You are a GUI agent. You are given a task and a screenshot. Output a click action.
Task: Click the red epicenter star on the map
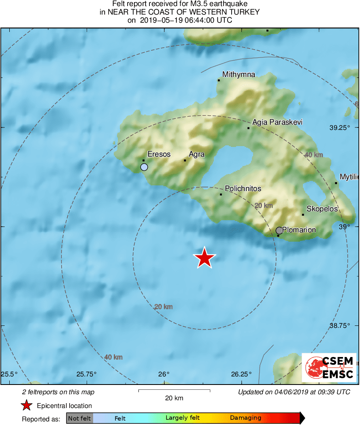[204, 258]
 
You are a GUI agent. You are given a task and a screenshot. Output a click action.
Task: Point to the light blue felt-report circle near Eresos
[144, 167]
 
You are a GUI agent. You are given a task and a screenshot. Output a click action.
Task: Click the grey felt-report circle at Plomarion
[279, 231]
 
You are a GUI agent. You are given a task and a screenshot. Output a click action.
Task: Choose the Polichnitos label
[243, 189]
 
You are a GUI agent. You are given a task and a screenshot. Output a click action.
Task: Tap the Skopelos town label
[322, 209]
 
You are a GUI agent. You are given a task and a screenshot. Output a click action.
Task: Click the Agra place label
[197, 154]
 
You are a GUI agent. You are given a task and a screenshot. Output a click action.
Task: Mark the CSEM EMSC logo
[329, 368]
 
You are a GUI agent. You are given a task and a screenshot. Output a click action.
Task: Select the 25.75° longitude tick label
[87, 374]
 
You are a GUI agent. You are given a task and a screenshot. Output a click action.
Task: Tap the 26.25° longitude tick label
[242, 374]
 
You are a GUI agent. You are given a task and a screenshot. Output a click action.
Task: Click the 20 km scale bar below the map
[174, 391]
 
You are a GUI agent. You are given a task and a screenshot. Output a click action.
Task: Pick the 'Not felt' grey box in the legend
[79, 418]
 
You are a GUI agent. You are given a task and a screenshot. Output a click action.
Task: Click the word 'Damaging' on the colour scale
[245, 418]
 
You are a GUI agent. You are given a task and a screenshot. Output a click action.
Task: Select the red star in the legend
[26, 406]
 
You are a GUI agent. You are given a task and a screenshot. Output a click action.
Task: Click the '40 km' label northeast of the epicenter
[313, 155]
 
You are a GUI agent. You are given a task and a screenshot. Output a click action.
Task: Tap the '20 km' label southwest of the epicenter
[163, 307]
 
